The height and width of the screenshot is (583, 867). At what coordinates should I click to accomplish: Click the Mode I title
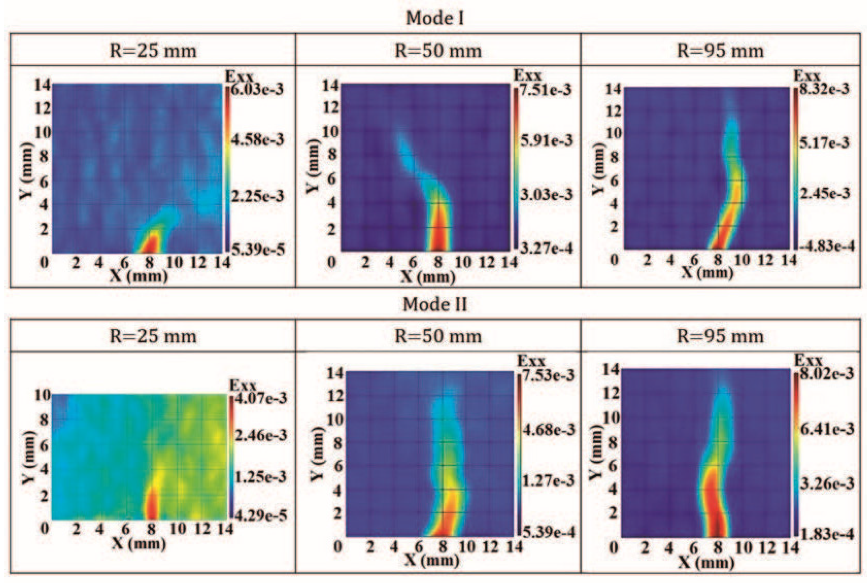point(434,18)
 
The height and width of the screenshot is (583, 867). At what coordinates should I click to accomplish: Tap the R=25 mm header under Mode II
point(153,336)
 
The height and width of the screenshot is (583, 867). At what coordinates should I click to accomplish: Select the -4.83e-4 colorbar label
point(824,246)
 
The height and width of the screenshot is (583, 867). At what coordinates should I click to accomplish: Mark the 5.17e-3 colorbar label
point(824,142)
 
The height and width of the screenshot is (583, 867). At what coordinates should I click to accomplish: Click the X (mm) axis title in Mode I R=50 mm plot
point(428,277)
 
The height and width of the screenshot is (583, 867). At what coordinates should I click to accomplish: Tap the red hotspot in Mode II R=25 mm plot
point(151,506)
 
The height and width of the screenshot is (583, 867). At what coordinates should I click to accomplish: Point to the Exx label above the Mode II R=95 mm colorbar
point(808,361)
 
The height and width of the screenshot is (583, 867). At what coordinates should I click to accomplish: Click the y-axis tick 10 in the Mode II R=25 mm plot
point(42,396)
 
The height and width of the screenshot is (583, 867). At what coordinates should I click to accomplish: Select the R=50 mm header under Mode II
point(438,336)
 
